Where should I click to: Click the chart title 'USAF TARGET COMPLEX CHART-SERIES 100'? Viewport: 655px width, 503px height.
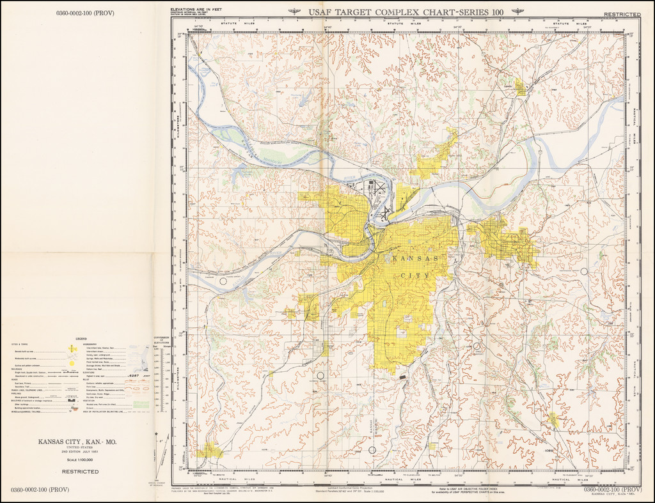coord(405,12)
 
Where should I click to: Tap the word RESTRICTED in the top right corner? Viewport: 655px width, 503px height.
coord(622,13)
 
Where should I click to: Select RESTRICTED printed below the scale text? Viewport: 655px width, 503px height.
coord(80,472)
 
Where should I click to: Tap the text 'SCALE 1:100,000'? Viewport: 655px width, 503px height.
coord(80,460)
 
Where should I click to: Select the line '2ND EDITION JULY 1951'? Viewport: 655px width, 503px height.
coord(80,453)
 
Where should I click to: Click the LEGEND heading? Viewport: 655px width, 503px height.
coord(81,339)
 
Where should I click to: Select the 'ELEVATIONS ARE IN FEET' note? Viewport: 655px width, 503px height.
coord(196,10)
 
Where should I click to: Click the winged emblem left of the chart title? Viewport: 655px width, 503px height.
coord(295,12)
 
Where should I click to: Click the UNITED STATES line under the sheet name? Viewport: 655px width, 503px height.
coord(80,448)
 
